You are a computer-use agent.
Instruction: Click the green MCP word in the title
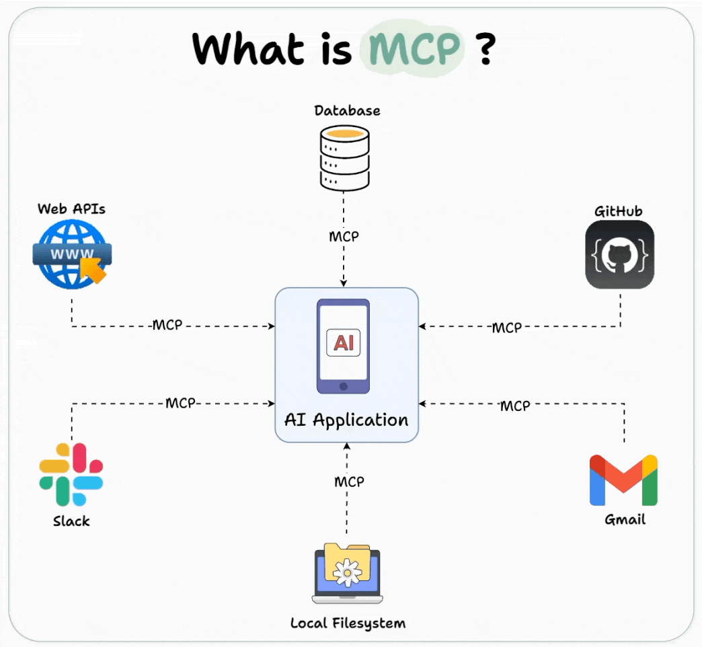pos(412,48)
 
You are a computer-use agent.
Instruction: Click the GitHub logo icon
pos(619,254)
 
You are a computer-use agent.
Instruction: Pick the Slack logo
pos(71,474)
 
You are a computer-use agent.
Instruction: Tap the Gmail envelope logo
pos(623,480)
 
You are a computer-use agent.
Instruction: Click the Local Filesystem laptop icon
pos(347,573)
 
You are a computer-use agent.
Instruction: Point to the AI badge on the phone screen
pos(343,343)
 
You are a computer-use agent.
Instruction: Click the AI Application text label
pos(346,420)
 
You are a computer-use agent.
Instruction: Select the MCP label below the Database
pos(344,237)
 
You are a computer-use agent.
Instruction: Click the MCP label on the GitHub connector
pos(506,328)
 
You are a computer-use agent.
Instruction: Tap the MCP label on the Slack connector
pos(180,404)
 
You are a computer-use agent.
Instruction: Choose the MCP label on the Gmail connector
pos(515,406)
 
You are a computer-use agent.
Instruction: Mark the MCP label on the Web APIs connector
pos(167,326)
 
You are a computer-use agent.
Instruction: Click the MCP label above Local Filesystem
pos(349,482)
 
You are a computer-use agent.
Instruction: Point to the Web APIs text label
pos(71,208)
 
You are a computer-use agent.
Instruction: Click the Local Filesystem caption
pos(348,623)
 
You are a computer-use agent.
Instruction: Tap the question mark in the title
pos(488,48)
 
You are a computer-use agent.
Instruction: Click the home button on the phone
pos(343,387)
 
